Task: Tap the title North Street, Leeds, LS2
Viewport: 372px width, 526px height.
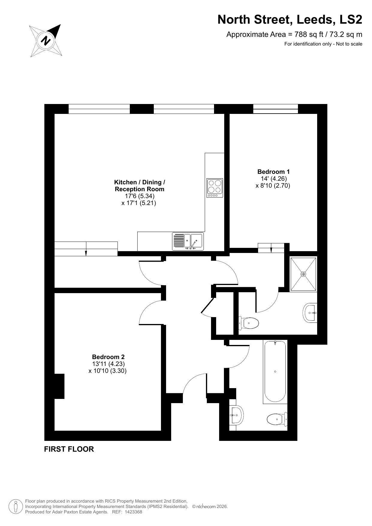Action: pos(290,20)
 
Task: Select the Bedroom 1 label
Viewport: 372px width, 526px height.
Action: pos(273,172)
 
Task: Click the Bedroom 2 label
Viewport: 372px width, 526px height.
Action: pos(108,357)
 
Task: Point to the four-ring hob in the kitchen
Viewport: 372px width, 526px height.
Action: pos(215,188)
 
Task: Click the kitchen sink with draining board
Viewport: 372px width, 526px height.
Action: pos(188,242)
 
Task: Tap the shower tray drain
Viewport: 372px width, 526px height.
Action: pos(303,274)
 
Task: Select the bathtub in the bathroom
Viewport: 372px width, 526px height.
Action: pos(275,371)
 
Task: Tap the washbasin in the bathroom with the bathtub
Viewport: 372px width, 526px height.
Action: pos(236,415)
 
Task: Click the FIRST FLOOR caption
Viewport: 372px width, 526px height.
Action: pos(69,449)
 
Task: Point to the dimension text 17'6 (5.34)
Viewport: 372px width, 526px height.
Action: pos(140,196)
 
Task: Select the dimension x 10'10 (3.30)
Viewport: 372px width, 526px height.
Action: pos(108,371)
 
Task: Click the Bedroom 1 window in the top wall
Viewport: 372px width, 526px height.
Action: pos(275,109)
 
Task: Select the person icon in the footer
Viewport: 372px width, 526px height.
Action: pos(16,506)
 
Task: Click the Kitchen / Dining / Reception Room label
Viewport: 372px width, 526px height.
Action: pos(140,186)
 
